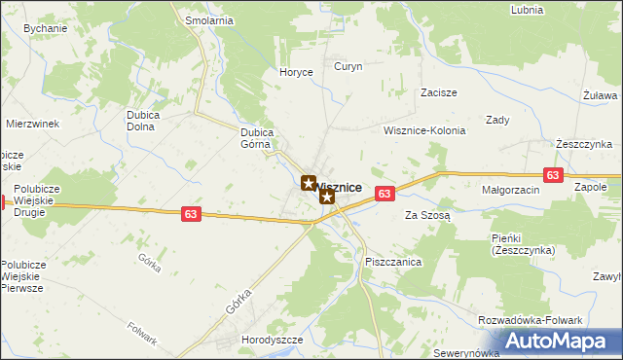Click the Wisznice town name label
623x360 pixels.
point(341,186)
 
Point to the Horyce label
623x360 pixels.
point(295,72)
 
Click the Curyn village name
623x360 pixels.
point(348,67)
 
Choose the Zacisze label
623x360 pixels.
point(439,92)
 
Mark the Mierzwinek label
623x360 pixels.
point(33,124)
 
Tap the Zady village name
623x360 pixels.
point(497,120)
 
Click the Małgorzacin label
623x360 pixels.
point(510,191)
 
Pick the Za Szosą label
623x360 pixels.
point(427,215)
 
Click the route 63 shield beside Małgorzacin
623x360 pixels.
point(553,175)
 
